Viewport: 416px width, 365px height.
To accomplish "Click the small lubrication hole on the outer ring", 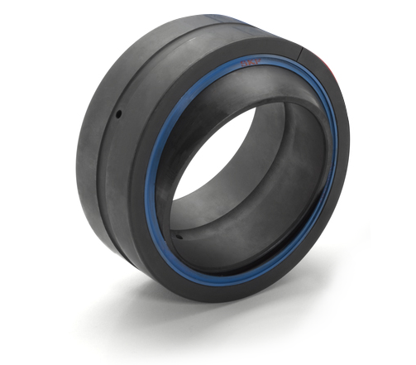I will [120, 113].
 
